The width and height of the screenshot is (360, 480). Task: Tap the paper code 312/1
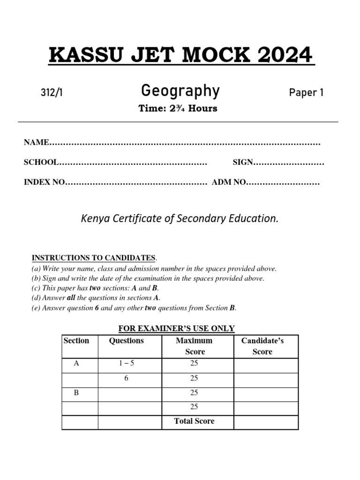tap(52, 93)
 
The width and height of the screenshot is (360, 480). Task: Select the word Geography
tap(180, 91)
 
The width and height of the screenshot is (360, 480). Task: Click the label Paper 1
tap(306, 93)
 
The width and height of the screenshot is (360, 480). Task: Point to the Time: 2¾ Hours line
tap(178, 108)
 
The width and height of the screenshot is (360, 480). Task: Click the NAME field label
tap(37, 142)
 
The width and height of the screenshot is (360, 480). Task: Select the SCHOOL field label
tap(41, 162)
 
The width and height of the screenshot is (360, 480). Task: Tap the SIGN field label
tap(243, 162)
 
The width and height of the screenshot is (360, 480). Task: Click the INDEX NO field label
tap(44, 182)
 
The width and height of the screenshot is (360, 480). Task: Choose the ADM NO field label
tap(229, 182)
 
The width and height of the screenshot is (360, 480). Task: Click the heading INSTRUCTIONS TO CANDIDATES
tap(93, 258)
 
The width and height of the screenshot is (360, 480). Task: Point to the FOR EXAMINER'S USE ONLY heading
tap(176, 329)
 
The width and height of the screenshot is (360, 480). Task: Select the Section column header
tap(76, 341)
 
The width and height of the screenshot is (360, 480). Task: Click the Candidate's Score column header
tap(262, 346)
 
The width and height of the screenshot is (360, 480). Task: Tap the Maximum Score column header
tap(194, 346)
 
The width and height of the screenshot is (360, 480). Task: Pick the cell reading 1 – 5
tap(127, 363)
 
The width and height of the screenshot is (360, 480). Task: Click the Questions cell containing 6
tap(127, 378)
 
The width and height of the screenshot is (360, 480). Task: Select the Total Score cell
tap(194, 421)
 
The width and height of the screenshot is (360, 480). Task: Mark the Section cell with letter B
tap(76, 393)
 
